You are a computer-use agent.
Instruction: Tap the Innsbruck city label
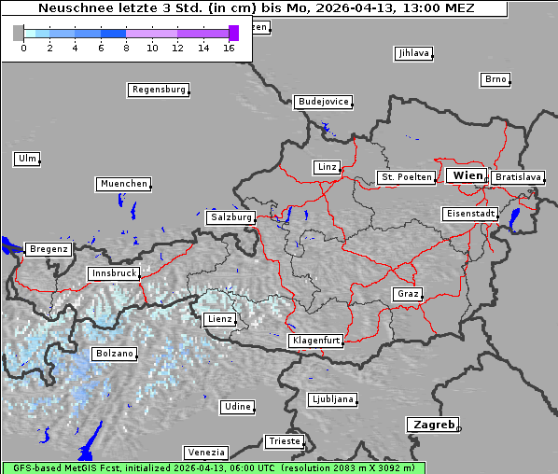pyautogui.click(x=113, y=273)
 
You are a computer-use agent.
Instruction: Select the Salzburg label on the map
pyautogui.click(x=230, y=216)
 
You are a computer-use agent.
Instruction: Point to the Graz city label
pyautogui.click(x=408, y=294)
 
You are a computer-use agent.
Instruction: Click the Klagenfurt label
pyautogui.click(x=316, y=341)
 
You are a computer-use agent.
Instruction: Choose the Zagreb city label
pyautogui.click(x=432, y=425)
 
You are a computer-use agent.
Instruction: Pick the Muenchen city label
pyautogui.click(x=123, y=184)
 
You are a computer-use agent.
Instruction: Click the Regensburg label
pyautogui.click(x=158, y=90)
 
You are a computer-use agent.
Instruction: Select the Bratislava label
pyautogui.click(x=517, y=176)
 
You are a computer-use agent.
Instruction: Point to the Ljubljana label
pyautogui.click(x=332, y=398)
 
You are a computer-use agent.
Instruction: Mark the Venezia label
pyautogui.click(x=204, y=452)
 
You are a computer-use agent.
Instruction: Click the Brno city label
pyautogui.click(x=495, y=79)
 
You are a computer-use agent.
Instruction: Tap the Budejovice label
pyautogui.click(x=323, y=101)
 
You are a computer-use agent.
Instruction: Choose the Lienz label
pyautogui.click(x=219, y=319)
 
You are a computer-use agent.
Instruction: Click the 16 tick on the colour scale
pyautogui.click(x=229, y=47)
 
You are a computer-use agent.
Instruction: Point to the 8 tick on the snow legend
pyautogui.click(x=126, y=47)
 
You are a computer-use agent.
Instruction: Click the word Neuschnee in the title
pyautogui.click(x=71, y=8)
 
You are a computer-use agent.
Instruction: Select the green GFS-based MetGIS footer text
pyautogui.click(x=213, y=467)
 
